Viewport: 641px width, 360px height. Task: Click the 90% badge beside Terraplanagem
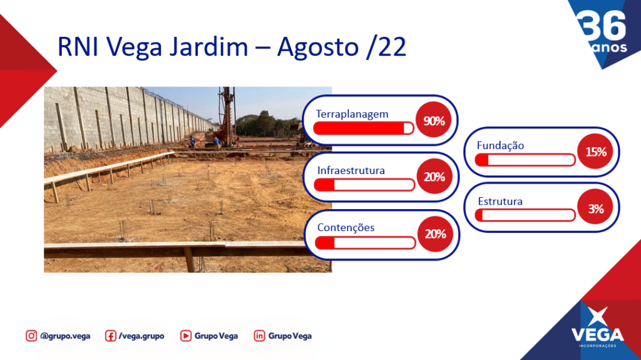coord(434,120)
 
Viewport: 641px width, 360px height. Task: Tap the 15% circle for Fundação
coord(595,152)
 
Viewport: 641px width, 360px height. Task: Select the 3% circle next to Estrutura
coord(595,208)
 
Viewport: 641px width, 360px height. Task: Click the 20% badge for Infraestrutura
coord(434,177)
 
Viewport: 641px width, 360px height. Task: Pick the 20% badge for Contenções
coord(436,234)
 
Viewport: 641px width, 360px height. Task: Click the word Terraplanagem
coord(352,114)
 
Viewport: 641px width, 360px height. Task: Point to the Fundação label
coord(500,146)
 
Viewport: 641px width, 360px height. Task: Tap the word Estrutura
coord(500,201)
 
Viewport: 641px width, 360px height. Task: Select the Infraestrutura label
coord(351,170)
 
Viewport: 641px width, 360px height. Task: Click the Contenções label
coord(346,227)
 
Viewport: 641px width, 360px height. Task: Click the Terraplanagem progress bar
coord(364,128)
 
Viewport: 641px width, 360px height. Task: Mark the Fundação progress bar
coord(525,160)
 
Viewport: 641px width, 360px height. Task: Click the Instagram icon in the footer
coord(31,336)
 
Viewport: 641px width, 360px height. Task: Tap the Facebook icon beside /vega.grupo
coord(110,336)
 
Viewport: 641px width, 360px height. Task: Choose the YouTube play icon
coord(185,336)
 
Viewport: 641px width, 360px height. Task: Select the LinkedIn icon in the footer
coord(259,336)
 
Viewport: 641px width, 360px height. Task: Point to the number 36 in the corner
coord(602,26)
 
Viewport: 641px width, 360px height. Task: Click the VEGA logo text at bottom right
coord(598,334)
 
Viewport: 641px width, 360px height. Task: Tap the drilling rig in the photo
coord(227,116)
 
